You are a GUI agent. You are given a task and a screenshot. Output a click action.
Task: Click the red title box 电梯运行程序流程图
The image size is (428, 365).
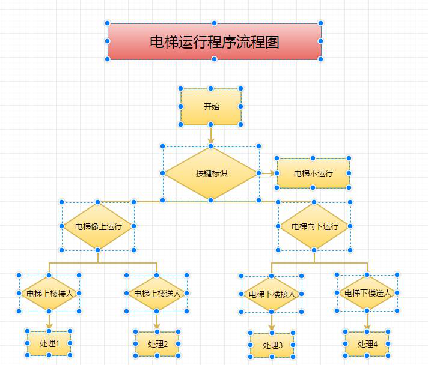click(x=214, y=41)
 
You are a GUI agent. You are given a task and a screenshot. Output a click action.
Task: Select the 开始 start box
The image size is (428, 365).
click(x=211, y=107)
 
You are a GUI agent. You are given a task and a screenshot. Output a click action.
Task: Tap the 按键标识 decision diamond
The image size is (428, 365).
click(x=211, y=173)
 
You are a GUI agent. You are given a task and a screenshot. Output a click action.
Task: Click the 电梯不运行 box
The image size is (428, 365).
click(x=313, y=173)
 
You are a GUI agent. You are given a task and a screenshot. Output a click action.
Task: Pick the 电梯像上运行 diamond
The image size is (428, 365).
click(x=98, y=226)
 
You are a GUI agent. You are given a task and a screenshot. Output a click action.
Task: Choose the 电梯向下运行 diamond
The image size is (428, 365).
click(x=314, y=226)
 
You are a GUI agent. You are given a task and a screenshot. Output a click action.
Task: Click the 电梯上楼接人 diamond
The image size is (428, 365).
click(x=49, y=294)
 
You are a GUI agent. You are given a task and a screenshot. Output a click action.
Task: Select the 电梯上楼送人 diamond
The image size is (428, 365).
click(x=157, y=294)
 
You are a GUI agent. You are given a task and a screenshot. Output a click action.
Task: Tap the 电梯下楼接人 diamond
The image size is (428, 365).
click(x=272, y=294)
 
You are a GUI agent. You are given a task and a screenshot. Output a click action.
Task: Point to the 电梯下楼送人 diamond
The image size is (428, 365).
click(x=367, y=293)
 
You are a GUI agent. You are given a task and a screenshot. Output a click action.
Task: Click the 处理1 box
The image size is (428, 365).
click(x=49, y=343)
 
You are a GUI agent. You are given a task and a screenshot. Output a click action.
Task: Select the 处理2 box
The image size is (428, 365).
click(x=157, y=344)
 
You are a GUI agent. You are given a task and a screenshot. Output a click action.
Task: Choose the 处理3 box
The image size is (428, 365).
click(x=272, y=345)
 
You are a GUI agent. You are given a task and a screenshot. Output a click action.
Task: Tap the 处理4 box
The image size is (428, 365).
click(x=367, y=344)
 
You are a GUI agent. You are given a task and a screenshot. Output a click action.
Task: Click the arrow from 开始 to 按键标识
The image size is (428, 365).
click(x=211, y=136)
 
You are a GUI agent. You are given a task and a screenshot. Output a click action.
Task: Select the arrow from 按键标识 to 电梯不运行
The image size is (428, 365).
click(x=268, y=173)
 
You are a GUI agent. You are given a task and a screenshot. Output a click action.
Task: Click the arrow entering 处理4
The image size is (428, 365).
click(x=367, y=321)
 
